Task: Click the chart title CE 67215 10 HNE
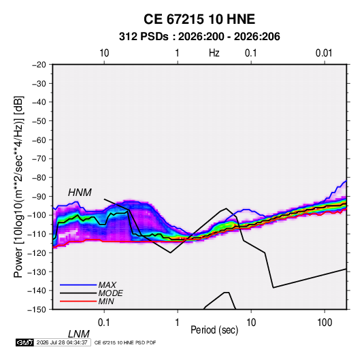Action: coord(199,19)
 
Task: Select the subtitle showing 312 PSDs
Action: coord(199,37)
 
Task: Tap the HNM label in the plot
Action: coord(80,193)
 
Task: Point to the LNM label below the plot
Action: coord(78,334)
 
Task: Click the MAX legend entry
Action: coord(107,284)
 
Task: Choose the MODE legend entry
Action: coord(110,293)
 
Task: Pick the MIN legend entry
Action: coord(106,301)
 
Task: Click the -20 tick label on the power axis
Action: coord(39,65)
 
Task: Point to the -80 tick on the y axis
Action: coord(39,178)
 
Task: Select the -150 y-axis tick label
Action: coord(37,310)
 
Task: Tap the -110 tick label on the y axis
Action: coord(37,234)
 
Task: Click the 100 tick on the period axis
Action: coord(325,323)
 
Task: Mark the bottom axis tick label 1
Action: coord(178,323)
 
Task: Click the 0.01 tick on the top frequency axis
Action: coord(324,53)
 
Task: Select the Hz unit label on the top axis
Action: coord(214,53)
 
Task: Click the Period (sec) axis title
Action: coord(214,330)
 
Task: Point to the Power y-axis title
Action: coord(18,187)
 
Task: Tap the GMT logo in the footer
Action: coord(24,342)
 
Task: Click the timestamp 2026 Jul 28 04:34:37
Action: coord(62,342)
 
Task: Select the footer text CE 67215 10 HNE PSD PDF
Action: coord(125,342)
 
